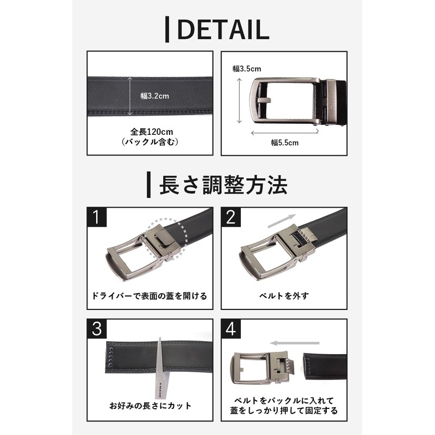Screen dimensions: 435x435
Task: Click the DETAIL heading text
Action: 223,29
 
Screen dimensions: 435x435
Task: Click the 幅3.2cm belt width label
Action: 155,96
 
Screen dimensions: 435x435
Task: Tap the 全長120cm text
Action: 150,132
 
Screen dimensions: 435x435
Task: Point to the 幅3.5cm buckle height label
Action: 247,69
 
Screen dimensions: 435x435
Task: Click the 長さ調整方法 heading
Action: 222,185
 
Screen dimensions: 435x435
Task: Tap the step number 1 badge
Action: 96,217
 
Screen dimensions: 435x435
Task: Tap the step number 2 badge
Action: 231,217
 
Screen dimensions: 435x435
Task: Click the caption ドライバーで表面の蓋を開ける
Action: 150,297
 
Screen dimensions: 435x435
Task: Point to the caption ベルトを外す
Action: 284,297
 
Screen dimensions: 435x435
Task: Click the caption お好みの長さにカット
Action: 150,406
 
